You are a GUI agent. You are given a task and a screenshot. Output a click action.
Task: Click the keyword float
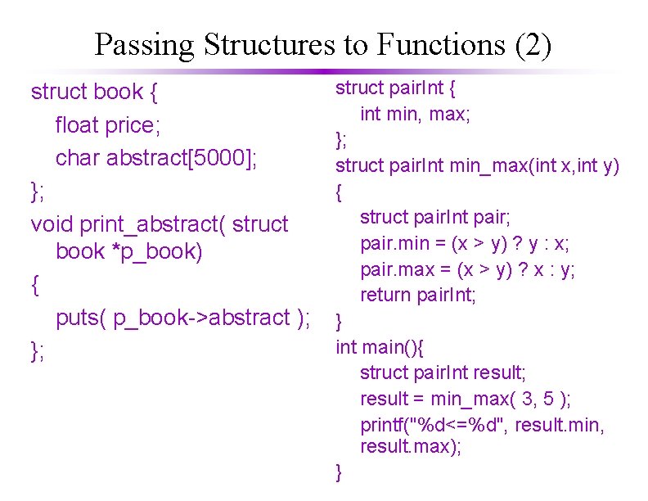[x=77, y=125]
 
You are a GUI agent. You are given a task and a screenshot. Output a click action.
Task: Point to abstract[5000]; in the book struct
[x=182, y=157]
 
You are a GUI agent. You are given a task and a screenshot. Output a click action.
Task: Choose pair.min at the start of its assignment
[x=389, y=243]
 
